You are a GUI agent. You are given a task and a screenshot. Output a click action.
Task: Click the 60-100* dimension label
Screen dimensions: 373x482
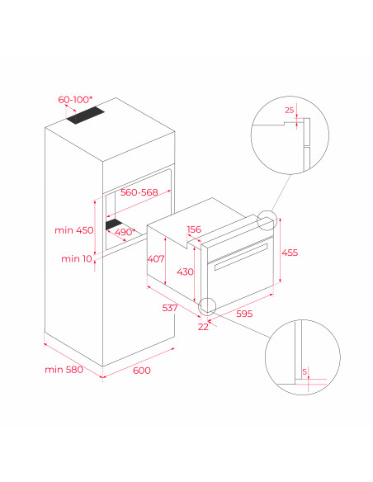pyautogui.click(x=75, y=100)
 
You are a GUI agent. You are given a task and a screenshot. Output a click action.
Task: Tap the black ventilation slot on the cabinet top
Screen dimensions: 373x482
pyautogui.click(x=86, y=116)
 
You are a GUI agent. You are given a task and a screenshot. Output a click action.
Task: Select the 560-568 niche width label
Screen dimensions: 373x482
pyautogui.click(x=139, y=192)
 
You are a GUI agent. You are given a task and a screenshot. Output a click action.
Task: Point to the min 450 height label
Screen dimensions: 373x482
pyautogui.click(x=74, y=230)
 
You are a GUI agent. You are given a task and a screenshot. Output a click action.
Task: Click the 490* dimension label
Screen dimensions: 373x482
pyautogui.click(x=125, y=232)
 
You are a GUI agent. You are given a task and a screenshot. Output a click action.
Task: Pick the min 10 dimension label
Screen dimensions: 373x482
pyautogui.click(x=77, y=258)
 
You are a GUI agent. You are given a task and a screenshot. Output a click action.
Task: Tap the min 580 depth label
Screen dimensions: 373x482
pyautogui.click(x=64, y=369)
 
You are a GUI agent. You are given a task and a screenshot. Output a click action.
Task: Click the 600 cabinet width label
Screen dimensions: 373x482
pyautogui.click(x=142, y=371)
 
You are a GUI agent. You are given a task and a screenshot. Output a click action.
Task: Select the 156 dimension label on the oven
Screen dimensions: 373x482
pyautogui.click(x=194, y=229)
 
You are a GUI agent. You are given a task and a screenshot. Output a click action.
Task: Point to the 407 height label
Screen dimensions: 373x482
pyautogui.click(x=156, y=259)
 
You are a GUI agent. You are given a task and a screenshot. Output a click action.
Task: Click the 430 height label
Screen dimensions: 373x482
pyautogui.click(x=185, y=272)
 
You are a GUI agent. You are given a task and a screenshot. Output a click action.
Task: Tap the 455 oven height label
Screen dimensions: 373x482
pyautogui.click(x=290, y=253)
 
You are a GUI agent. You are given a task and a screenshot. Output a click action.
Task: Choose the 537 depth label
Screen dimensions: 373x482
pyautogui.click(x=170, y=307)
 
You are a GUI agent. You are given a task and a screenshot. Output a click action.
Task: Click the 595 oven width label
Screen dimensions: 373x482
pyautogui.click(x=244, y=314)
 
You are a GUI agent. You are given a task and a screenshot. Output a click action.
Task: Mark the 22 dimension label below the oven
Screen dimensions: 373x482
pyautogui.click(x=203, y=327)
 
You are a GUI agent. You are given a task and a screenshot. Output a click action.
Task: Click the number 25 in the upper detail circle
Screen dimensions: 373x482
pyautogui.click(x=290, y=110)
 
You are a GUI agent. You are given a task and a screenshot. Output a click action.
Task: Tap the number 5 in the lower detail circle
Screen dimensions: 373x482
pyautogui.click(x=305, y=371)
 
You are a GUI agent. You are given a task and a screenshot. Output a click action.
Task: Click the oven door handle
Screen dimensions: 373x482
pyautogui.click(x=241, y=257)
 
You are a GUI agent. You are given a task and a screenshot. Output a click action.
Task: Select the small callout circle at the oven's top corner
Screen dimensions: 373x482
pyautogui.click(x=267, y=220)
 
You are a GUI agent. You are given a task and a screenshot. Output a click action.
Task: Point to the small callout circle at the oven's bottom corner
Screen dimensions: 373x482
pyautogui.click(x=207, y=307)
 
